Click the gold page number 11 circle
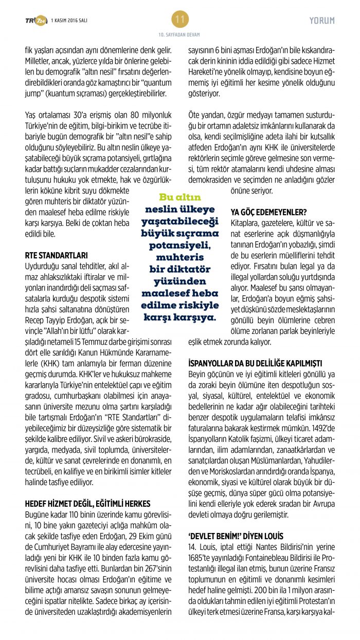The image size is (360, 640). click(180, 20)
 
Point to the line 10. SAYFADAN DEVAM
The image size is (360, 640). click(179, 34)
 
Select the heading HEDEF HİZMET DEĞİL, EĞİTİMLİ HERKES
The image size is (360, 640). click(86, 503)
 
